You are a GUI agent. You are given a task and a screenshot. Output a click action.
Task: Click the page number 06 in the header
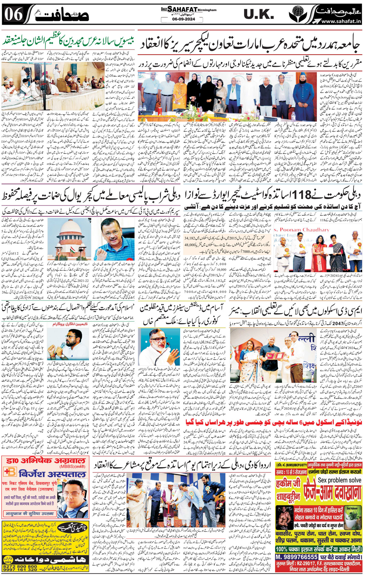(14, 14)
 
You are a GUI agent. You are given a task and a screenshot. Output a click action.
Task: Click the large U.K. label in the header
(259, 14)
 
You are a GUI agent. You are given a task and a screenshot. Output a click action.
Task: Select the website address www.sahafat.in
(341, 21)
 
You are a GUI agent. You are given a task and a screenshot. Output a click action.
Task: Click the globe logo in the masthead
(298, 14)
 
